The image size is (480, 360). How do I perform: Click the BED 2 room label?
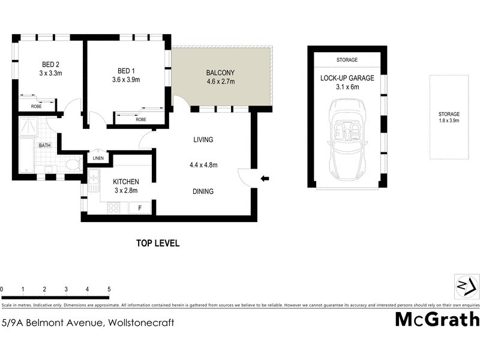pos(50,65)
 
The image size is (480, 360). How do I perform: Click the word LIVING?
pos(203,140)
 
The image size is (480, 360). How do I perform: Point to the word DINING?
pos(203,191)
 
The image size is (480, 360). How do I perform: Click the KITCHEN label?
pos(126,182)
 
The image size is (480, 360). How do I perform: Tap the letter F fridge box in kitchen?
pos(140,208)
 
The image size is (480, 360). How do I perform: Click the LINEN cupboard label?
pos(98,158)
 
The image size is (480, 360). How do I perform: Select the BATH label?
pos(45,145)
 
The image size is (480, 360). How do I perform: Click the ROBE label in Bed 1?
pos(141,119)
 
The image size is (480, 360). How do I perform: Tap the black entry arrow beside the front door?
pos(265,178)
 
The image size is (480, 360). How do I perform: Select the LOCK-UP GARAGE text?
pos(347,78)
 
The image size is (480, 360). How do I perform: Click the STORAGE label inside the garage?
pos(346,60)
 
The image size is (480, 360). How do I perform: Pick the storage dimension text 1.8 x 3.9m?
pos(449,121)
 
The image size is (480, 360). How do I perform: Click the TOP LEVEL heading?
pos(158,243)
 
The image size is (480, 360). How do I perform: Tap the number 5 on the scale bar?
pos(109,289)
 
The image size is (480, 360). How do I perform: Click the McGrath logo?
pos(437,319)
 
